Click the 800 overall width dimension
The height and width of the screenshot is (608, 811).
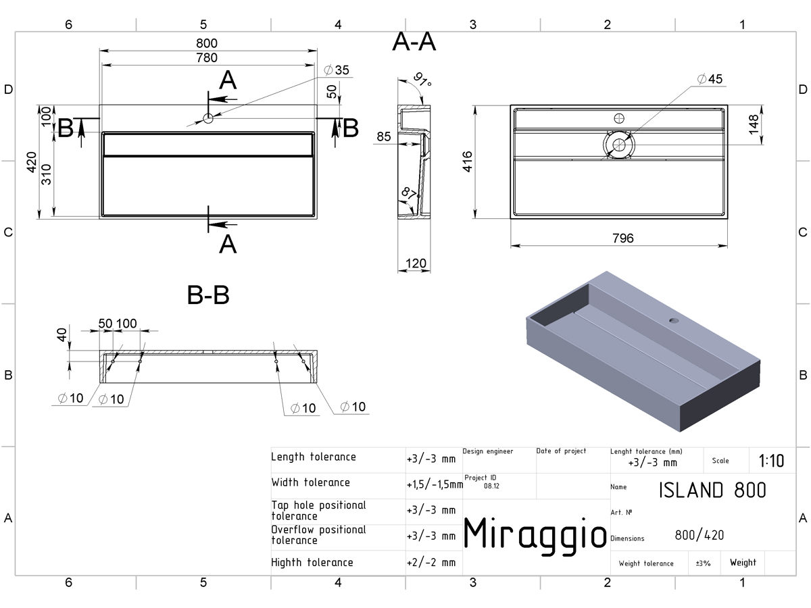coord(207,43)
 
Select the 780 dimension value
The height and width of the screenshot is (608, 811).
coord(207,58)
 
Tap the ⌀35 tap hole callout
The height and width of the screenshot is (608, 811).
coord(336,70)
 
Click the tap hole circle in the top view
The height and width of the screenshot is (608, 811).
coord(208,118)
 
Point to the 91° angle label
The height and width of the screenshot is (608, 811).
coord(422,79)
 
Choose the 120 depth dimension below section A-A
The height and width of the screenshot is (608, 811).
coord(416,263)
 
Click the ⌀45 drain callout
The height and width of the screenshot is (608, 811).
coord(710,79)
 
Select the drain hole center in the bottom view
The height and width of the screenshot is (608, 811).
coord(619,145)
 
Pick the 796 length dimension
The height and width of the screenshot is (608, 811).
coord(623,238)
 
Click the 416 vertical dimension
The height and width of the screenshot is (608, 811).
coord(468,161)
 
